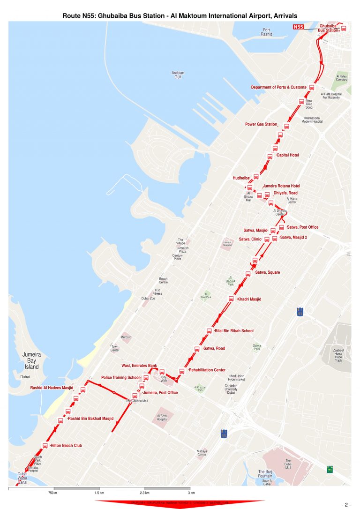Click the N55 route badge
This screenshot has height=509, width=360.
tap(298, 27)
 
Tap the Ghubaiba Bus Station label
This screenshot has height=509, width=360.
tap(328, 28)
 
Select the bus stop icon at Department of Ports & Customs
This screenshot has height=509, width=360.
tap(311, 87)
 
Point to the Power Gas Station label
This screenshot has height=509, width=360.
tap(261, 124)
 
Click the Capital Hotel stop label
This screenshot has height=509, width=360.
tap(288, 155)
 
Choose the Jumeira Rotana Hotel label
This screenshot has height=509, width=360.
tap(281, 186)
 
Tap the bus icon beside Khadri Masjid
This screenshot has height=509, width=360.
tap(231, 299)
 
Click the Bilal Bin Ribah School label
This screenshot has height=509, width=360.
tap(234, 331)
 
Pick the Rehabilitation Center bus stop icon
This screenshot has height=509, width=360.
tap(182, 371)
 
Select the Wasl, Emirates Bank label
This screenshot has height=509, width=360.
tap(139, 366)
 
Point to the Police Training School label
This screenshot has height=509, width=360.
tap(120, 377)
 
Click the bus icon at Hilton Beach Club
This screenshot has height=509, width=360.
tap(45, 446)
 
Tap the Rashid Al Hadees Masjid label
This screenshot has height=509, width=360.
tap(52, 388)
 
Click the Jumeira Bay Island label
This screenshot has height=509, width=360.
tap(32, 361)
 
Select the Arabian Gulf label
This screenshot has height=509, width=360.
tap(178, 75)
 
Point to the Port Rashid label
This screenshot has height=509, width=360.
tap(266, 32)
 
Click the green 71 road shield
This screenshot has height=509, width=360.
tap(330, 469)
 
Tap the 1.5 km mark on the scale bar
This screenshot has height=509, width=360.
tap(99, 493)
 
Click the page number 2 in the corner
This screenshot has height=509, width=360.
tap(347, 504)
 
